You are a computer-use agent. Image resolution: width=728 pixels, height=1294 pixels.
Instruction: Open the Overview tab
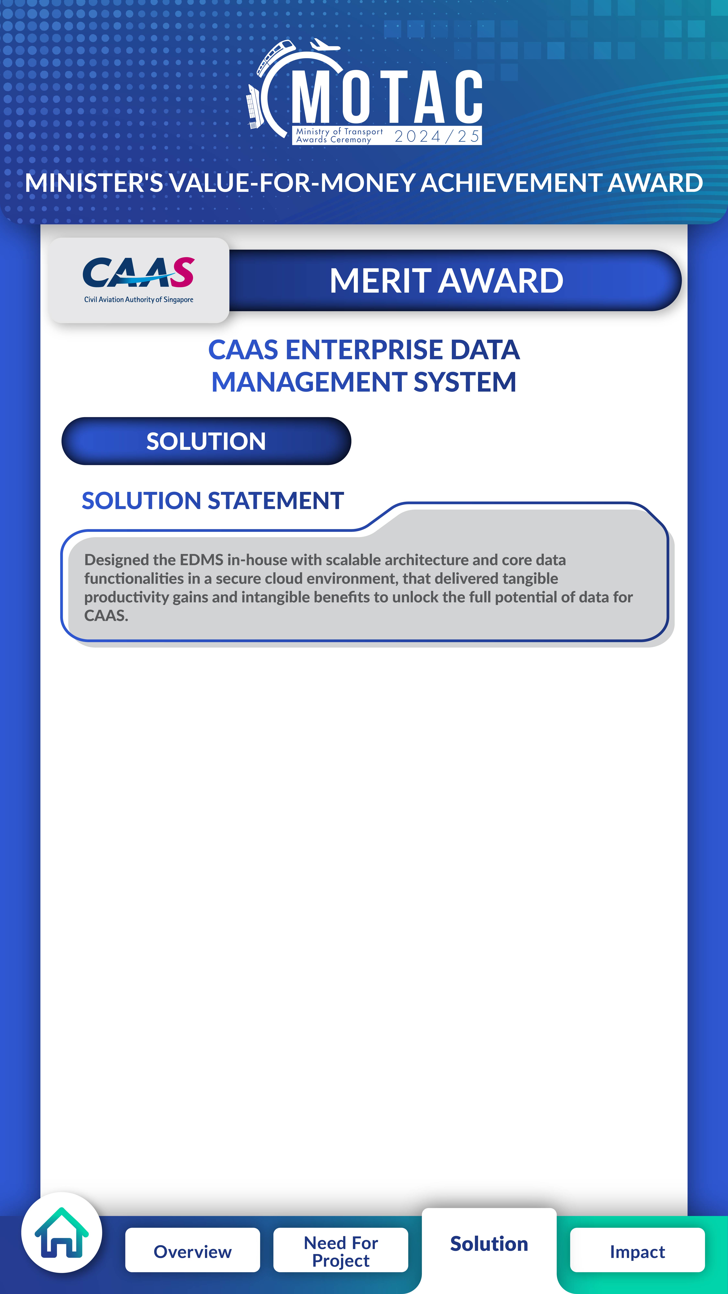192,1251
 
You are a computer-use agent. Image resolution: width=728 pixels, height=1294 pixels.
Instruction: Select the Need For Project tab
341,1251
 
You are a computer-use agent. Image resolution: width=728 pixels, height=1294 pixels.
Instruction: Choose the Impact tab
637,1251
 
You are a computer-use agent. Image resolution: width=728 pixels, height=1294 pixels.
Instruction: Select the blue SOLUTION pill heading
206,441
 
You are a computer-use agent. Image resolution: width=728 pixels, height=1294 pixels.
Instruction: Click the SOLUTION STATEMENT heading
213,501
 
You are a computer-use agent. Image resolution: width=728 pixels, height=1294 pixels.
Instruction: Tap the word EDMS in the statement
201,560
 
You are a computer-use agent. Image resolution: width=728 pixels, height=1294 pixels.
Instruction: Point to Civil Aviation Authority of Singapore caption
139,299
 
